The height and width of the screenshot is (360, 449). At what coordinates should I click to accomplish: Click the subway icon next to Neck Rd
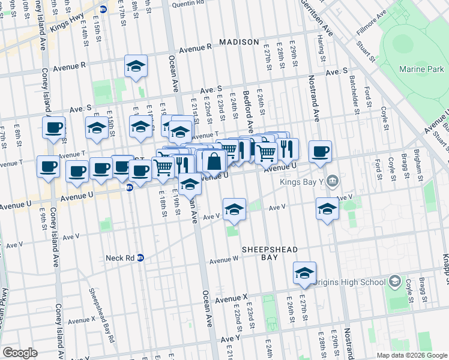140,258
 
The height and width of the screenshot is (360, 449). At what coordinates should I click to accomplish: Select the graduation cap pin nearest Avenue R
136,65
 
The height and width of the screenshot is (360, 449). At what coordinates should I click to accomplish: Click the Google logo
20,353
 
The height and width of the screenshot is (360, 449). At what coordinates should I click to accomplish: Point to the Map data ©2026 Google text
411,355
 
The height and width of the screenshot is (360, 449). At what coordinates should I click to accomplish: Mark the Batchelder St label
356,98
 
